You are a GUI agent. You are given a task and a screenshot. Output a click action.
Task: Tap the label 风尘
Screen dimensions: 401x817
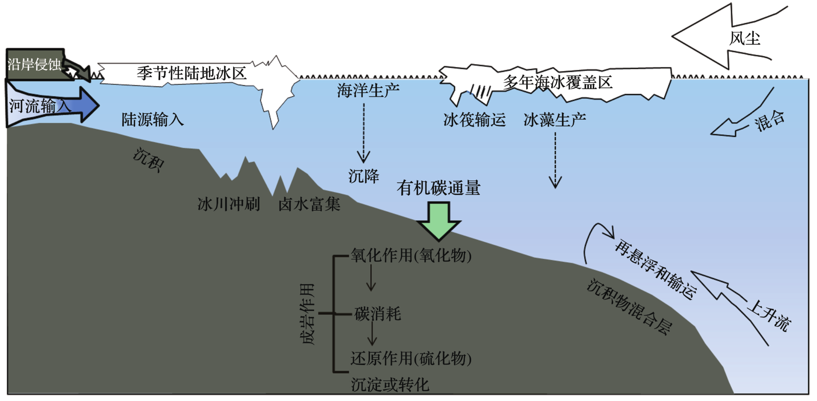[x=744, y=38]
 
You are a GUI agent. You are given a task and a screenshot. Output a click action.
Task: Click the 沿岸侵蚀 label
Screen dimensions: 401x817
[x=35, y=64]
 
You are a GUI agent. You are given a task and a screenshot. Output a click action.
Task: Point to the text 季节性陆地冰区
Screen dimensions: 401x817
[x=191, y=73]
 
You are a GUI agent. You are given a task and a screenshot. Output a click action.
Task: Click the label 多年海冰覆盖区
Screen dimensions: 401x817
[x=557, y=83]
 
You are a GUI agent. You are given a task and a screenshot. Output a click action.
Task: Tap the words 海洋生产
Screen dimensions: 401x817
[x=368, y=90]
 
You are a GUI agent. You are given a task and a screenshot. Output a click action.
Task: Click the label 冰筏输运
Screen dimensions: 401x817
[x=474, y=120]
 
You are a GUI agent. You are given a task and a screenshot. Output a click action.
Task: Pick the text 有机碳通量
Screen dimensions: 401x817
[x=438, y=188]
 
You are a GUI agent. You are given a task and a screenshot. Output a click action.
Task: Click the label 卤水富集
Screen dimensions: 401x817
[x=309, y=204]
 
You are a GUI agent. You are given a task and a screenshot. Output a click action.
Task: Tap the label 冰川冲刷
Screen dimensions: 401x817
[x=229, y=204]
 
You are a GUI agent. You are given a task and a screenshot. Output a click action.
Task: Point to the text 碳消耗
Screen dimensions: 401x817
[x=378, y=314]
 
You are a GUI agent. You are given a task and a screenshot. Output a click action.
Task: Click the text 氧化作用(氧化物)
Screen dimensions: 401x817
[x=411, y=255]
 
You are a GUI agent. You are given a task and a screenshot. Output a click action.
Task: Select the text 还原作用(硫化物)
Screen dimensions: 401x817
[x=411, y=358]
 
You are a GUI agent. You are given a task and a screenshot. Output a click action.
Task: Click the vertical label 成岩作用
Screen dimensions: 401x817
[x=308, y=314]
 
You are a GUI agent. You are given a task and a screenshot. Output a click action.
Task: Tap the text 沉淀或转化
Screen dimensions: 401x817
[x=390, y=384]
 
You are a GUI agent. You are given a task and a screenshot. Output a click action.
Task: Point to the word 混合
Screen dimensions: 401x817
[x=769, y=121]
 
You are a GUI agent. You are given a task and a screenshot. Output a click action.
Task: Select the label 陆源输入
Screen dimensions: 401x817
[x=153, y=120]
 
